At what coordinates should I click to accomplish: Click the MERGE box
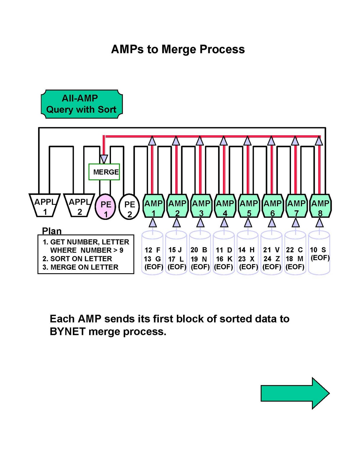click(104, 172)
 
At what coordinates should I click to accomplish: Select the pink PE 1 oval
click(105, 206)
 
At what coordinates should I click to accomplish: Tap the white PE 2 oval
click(129, 206)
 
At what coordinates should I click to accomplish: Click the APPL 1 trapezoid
click(45, 205)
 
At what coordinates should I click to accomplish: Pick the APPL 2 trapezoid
click(79, 205)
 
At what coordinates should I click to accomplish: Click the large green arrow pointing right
click(295, 393)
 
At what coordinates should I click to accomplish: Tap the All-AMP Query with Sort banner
click(82, 104)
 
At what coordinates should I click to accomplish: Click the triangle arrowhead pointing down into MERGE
click(104, 159)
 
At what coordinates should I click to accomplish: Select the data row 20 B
click(199, 250)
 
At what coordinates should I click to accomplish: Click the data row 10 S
click(318, 250)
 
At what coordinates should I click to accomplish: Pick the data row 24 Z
click(272, 259)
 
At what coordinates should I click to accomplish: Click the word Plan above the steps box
click(52, 231)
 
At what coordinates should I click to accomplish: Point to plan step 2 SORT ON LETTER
click(77, 259)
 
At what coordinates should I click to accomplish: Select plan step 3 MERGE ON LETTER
click(80, 267)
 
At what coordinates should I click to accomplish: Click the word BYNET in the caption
click(68, 331)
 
